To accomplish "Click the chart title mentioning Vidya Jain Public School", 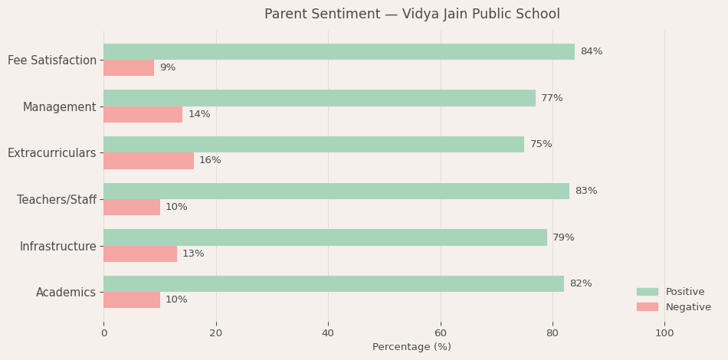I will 412,15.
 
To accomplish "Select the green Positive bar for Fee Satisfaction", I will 339,52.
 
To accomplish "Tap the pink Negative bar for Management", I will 143,114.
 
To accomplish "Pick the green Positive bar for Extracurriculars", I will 313,145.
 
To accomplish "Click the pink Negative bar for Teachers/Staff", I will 132,207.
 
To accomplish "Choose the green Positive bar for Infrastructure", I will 325,237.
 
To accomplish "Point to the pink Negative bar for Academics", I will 132,299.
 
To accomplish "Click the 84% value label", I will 591,52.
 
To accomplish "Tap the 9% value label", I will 167,68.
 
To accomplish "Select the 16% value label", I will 210,161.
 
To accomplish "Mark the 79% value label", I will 563,237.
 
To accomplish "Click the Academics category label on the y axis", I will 66,292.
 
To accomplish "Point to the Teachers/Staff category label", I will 57,199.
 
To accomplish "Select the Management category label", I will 59,106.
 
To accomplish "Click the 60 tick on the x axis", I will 441,333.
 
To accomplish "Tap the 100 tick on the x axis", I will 664,333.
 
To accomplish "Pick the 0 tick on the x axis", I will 104,333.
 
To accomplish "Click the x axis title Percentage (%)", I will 412,347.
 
